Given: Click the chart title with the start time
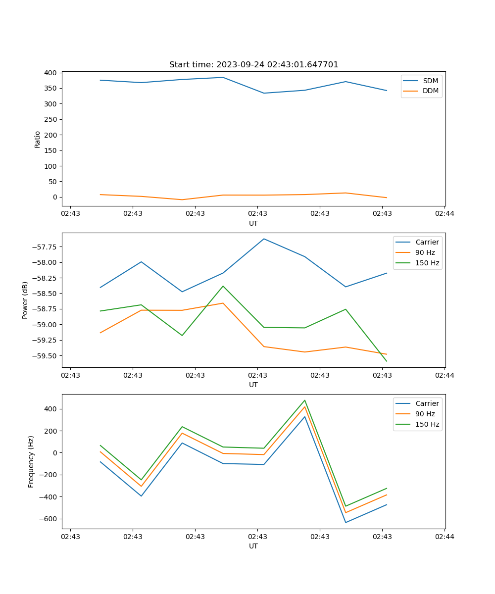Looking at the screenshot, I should click(x=253, y=65).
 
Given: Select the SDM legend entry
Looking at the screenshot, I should click(x=430, y=81).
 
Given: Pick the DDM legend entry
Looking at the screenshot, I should click(x=430, y=91).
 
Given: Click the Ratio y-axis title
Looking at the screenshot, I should click(x=38, y=139).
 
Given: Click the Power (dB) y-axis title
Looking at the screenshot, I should click(x=25, y=300).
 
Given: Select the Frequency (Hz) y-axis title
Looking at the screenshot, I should click(x=31, y=461).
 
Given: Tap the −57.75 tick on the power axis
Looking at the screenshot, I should click(x=44, y=247).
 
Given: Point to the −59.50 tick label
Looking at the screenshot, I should click(x=44, y=356).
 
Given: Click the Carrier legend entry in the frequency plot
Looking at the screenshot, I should click(x=427, y=403).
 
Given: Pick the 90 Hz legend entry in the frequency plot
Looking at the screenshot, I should click(x=425, y=414).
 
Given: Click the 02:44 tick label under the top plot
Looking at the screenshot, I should click(x=444, y=214).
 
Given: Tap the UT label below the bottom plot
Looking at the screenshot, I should click(x=253, y=546).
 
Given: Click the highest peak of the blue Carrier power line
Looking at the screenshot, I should click(x=264, y=239).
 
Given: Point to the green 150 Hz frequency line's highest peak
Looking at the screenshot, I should click(x=305, y=400).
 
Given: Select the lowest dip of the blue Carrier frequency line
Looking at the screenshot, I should click(x=346, y=522).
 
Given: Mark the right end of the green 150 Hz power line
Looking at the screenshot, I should click(x=387, y=361).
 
